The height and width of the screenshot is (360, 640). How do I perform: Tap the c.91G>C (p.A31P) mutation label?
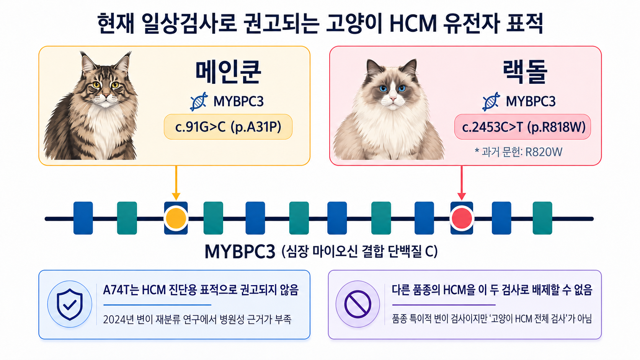(x=228, y=127)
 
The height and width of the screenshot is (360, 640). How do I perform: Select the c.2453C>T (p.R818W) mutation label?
(x=522, y=127)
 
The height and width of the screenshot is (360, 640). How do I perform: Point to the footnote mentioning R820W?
(x=518, y=152)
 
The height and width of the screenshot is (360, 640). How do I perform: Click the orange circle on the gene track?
(x=176, y=218)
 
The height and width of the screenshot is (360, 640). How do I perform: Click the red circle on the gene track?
(x=462, y=218)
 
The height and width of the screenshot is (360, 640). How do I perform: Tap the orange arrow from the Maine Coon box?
(x=176, y=183)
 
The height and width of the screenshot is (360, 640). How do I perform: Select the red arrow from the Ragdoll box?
(x=462, y=183)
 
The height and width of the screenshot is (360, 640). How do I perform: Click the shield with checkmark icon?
(x=70, y=304)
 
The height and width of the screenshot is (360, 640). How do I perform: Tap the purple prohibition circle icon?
(x=358, y=304)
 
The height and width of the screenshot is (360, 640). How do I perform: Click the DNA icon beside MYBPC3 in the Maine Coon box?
(x=199, y=101)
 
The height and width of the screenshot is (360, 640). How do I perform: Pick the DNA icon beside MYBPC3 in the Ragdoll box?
(x=491, y=101)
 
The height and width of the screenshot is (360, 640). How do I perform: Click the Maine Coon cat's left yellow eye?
(x=96, y=85)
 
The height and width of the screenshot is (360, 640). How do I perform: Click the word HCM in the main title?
(x=413, y=23)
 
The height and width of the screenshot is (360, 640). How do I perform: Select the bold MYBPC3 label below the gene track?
(x=240, y=251)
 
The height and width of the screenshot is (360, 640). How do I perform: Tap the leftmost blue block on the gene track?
(x=83, y=218)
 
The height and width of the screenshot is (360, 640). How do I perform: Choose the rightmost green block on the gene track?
(x=542, y=218)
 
